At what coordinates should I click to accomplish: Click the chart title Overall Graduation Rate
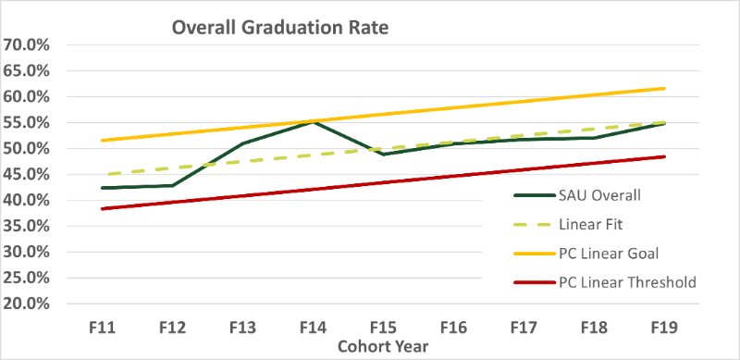coord(280,28)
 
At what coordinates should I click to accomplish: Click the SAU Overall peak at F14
coord(313,121)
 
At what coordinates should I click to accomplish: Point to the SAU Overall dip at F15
coord(383,154)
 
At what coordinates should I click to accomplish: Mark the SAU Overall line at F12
coord(172,185)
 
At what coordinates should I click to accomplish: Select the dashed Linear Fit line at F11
coord(104,174)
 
